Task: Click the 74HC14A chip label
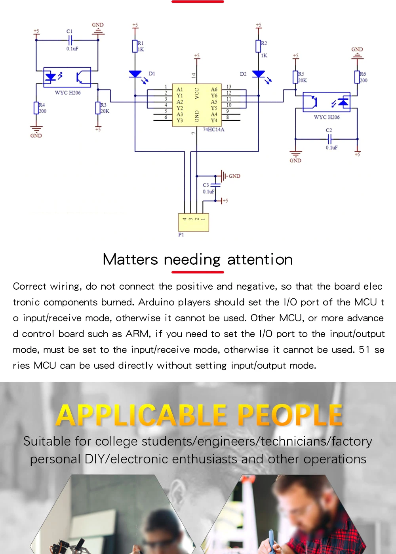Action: point(213,129)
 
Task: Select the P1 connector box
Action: point(194,222)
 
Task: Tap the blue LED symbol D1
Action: point(135,74)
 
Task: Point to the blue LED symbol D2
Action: point(258,74)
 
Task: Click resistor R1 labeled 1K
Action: point(135,46)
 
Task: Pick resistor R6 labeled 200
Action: point(357,77)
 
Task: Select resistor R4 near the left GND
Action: point(36,108)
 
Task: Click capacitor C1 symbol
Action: point(70,40)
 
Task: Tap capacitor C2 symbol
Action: point(329,139)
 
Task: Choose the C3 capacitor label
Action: point(206,185)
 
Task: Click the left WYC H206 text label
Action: point(68,93)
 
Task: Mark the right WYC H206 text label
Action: point(327,117)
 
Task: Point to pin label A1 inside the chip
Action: point(179,89)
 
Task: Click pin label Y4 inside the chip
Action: point(214,120)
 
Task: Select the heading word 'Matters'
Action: point(130,260)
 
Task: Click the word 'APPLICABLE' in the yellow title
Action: point(142,415)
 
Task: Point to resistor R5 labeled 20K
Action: point(295,77)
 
